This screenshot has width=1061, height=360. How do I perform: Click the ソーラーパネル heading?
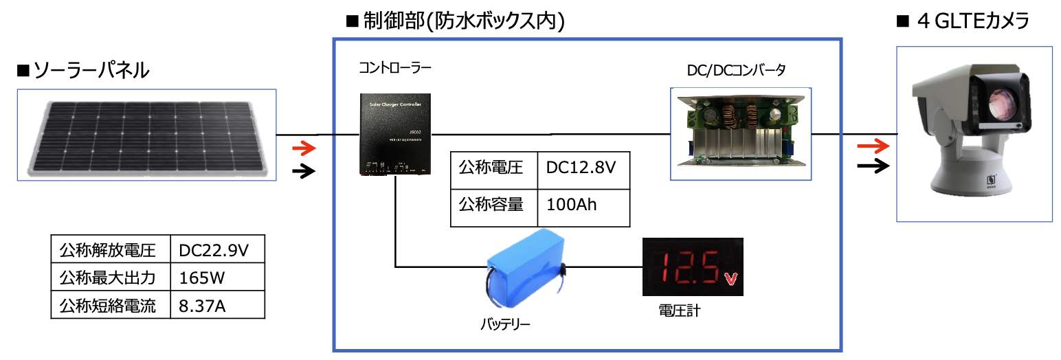pyautogui.click(x=84, y=70)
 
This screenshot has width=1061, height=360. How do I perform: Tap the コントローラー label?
pyautogui.click(x=395, y=69)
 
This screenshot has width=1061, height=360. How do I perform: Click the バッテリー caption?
pyautogui.click(x=505, y=323)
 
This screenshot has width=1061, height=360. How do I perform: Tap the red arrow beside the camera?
pyautogui.click(x=873, y=146)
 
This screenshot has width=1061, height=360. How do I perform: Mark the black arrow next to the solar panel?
pyautogui.click(x=303, y=171)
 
